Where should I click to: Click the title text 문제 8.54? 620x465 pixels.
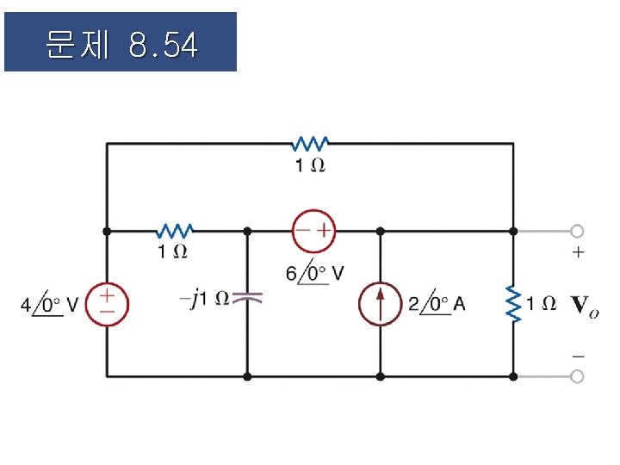click(x=121, y=43)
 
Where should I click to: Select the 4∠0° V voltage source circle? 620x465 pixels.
click(x=107, y=304)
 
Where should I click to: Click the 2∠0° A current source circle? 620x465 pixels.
click(x=381, y=304)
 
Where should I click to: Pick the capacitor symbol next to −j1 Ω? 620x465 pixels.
click(x=247, y=299)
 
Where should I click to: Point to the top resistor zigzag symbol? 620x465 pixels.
click(x=311, y=144)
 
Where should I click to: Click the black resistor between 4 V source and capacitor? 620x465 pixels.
click(x=174, y=231)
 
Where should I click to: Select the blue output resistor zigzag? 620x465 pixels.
click(x=514, y=304)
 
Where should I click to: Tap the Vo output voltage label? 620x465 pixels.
click(x=586, y=305)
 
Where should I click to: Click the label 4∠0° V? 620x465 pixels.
click(x=50, y=304)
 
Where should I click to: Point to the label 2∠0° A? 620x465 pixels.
click(x=437, y=304)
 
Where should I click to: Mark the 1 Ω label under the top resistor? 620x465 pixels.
click(x=311, y=165)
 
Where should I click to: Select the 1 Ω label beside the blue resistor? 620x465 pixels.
click(x=542, y=303)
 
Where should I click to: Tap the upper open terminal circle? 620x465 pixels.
click(x=577, y=231)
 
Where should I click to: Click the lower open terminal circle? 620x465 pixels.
click(x=577, y=376)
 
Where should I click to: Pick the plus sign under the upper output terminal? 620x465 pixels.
click(x=577, y=252)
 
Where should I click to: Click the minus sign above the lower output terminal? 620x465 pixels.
click(x=577, y=355)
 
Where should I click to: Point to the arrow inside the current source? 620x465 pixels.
click(x=381, y=303)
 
